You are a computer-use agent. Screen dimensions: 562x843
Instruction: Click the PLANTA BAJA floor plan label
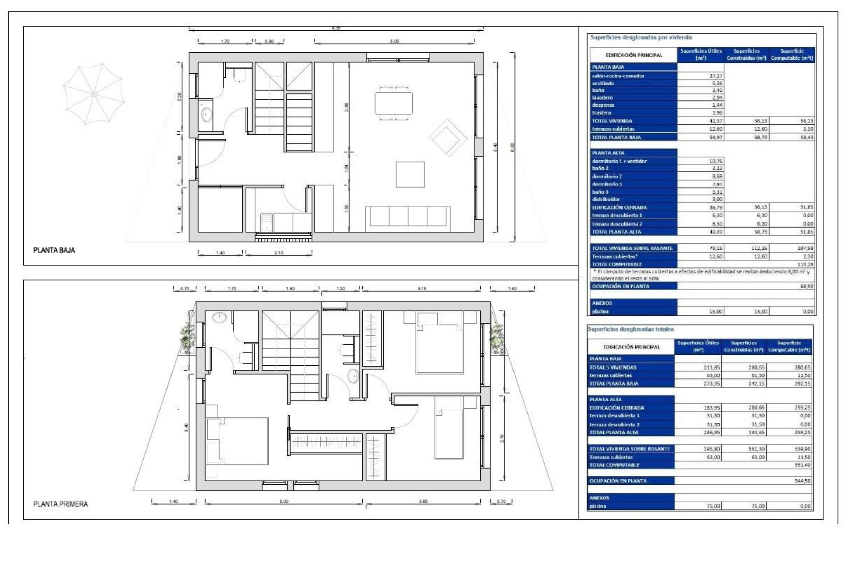click(54, 250)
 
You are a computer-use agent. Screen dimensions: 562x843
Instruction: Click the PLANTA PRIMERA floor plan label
click(61, 504)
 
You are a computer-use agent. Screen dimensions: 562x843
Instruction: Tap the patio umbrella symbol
click(93, 94)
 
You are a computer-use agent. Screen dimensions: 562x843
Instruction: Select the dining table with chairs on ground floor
click(393, 103)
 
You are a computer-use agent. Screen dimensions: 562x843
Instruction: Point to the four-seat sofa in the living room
click(407, 216)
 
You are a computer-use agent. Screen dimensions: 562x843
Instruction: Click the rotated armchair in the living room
click(448, 137)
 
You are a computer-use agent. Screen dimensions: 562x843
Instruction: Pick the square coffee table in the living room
click(410, 175)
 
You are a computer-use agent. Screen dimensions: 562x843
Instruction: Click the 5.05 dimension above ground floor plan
click(394, 41)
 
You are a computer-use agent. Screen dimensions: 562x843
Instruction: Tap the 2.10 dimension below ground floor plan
click(279, 253)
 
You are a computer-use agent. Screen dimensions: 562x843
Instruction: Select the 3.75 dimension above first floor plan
click(421, 288)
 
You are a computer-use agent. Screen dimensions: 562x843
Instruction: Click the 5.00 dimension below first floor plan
click(284, 501)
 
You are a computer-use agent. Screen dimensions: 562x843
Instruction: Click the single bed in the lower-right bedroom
click(449, 428)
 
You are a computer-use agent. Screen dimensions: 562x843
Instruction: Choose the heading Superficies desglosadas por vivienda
click(641, 38)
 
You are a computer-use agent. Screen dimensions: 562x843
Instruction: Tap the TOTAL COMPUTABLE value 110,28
click(805, 264)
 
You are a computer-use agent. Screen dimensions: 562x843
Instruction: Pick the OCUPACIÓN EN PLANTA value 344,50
click(802, 481)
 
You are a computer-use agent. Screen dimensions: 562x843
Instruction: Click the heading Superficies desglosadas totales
click(630, 329)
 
